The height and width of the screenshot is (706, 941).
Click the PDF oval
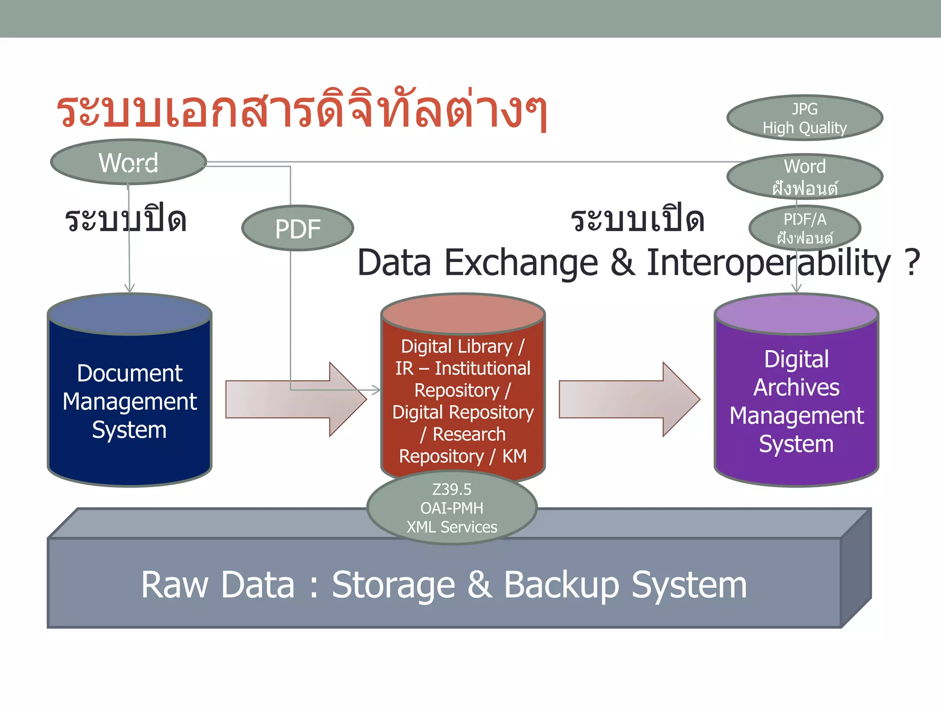point(297,228)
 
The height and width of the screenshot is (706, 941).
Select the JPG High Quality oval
point(805,118)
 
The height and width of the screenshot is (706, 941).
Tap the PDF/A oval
point(805,228)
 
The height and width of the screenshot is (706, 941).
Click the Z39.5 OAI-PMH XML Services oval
point(452,508)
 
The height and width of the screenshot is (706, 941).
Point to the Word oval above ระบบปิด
point(129,162)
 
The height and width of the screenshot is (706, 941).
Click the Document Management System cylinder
point(130,400)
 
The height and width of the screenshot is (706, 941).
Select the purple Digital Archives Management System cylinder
point(796,400)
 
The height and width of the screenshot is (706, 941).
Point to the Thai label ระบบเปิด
point(637,220)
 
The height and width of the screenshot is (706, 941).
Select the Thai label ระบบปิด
point(125,220)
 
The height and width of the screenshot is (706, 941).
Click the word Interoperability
point(768,263)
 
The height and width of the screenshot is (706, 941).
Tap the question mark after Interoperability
point(912,263)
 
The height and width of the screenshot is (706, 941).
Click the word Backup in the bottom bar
point(561,585)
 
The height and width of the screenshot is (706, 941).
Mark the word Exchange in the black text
point(521,263)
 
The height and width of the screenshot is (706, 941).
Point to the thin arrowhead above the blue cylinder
point(130,288)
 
